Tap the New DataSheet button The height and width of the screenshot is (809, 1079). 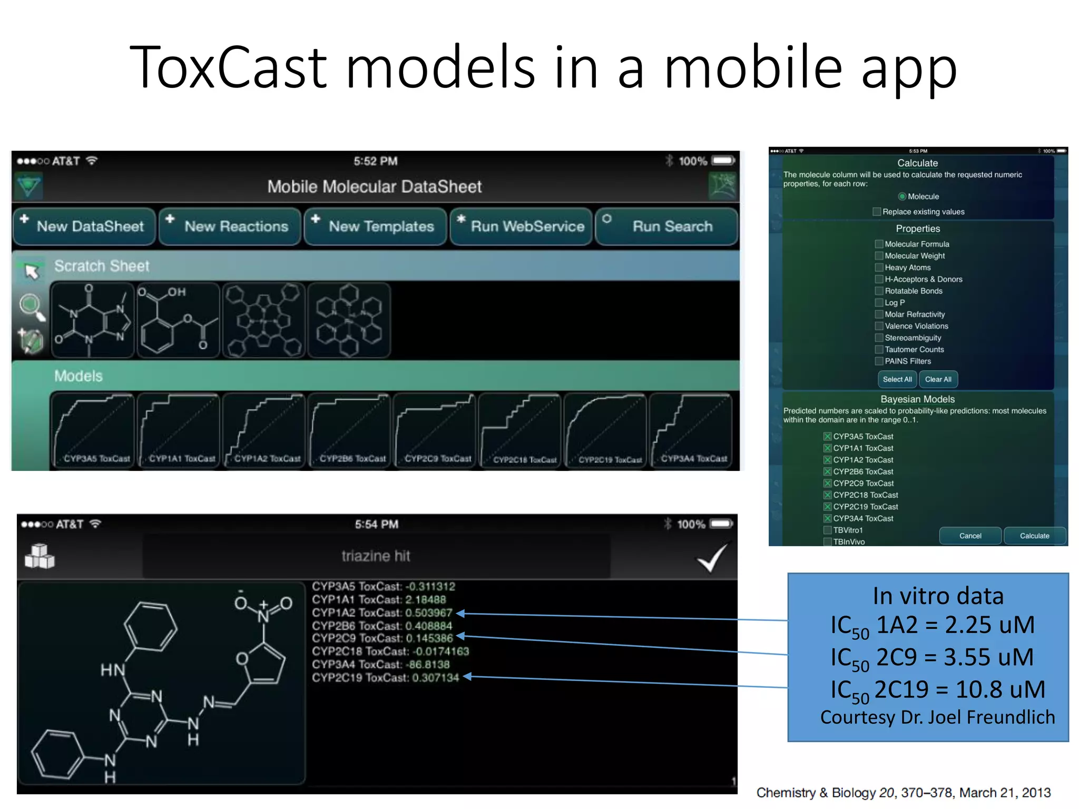click(84, 226)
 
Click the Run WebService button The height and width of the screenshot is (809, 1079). click(521, 226)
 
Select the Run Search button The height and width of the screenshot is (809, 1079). click(666, 226)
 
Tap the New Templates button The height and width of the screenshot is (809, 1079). click(375, 226)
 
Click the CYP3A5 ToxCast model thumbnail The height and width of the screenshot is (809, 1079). click(93, 430)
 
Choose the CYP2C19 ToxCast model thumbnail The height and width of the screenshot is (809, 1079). click(605, 430)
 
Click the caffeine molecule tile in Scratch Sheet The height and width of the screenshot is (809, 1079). click(93, 320)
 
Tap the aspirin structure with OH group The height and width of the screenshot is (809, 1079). click(178, 320)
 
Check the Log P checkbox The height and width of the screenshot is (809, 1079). click(879, 303)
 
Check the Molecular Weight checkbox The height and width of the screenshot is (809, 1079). click(879, 256)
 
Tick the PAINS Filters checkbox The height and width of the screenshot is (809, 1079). click(879, 361)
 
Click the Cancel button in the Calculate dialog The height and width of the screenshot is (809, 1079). click(970, 536)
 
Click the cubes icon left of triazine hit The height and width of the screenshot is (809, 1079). click(40, 557)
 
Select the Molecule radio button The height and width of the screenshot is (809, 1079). click(903, 196)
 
